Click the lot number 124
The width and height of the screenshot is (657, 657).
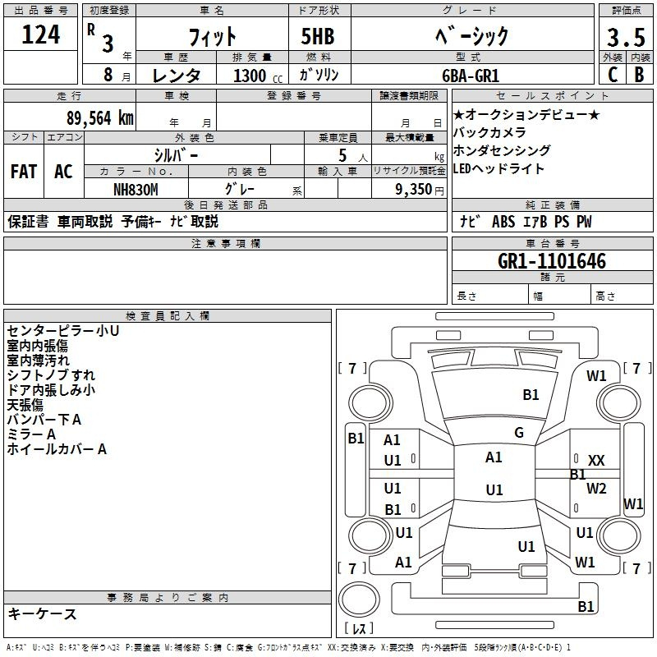40,34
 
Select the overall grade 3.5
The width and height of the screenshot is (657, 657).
626,37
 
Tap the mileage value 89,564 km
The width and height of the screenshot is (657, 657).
99,118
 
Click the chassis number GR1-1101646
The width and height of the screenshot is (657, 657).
551,261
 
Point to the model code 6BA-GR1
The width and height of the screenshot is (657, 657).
471,76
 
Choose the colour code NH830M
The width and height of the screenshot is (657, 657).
136,190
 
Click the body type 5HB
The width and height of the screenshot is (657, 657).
318,36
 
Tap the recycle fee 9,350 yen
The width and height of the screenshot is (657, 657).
420,190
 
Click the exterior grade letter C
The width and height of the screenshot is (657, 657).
613,75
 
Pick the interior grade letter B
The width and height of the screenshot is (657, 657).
639,75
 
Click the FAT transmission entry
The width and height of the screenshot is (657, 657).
24,172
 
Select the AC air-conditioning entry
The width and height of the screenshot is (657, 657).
63,172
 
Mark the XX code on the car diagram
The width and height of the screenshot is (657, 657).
596,461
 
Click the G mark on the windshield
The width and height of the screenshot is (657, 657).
519,433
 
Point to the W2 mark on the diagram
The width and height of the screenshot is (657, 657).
596,488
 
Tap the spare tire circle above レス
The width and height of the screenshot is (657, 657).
359,599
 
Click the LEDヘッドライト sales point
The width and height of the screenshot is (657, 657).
498,169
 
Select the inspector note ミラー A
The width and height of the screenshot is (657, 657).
31,434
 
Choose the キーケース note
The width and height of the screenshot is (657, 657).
43,613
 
